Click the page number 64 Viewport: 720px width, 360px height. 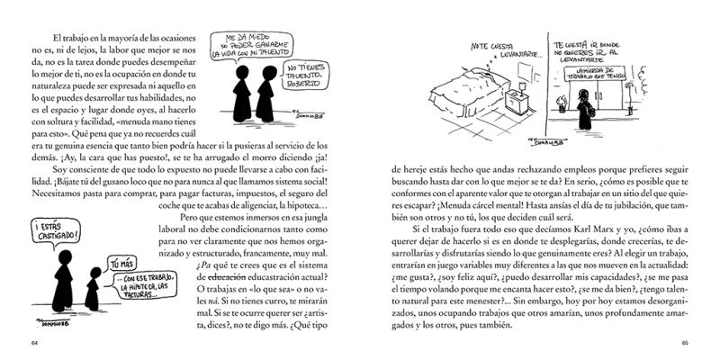[x=34, y=343]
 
